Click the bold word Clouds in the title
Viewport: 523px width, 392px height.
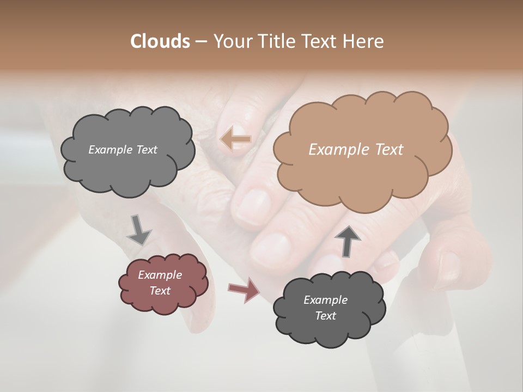click(x=160, y=41)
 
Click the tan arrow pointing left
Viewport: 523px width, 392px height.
click(x=235, y=139)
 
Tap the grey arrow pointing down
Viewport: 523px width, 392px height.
click(x=139, y=230)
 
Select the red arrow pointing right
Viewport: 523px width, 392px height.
click(x=245, y=290)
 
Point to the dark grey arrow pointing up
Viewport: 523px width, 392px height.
click(x=348, y=240)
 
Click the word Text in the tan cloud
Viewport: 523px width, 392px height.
click(x=389, y=150)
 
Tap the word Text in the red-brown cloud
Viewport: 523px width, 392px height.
click(x=160, y=291)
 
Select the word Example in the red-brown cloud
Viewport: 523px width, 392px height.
click(x=160, y=275)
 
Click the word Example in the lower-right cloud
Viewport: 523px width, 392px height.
click(x=325, y=300)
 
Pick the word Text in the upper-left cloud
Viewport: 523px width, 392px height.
click(x=147, y=150)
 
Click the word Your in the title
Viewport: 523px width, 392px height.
click(x=229, y=41)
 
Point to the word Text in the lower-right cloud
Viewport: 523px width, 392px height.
click(x=325, y=316)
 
